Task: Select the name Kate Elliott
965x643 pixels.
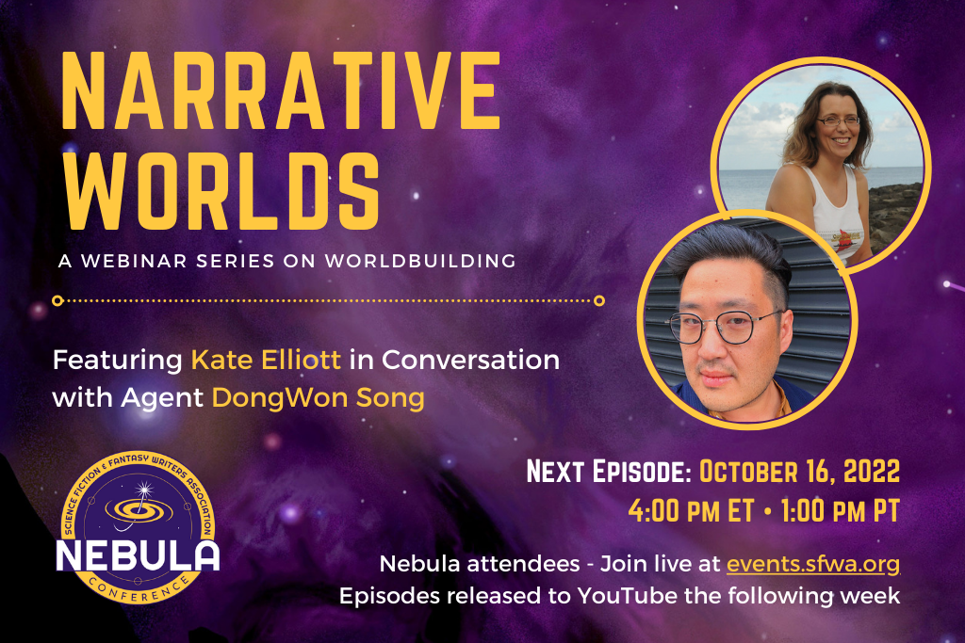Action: click(x=266, y=360)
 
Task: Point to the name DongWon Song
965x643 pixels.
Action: click(x=318, y=397)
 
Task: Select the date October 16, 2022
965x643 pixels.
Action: click(x=800, y=471)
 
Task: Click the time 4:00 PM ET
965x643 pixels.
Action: click(x=691, y=512)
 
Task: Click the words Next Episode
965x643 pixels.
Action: click(x=611, y=471)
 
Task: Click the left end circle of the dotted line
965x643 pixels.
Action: click(x=57, y=301)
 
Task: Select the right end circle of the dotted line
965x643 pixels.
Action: click(x=599, y=301)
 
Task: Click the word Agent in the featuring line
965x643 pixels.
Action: click(x=161, y=397)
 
